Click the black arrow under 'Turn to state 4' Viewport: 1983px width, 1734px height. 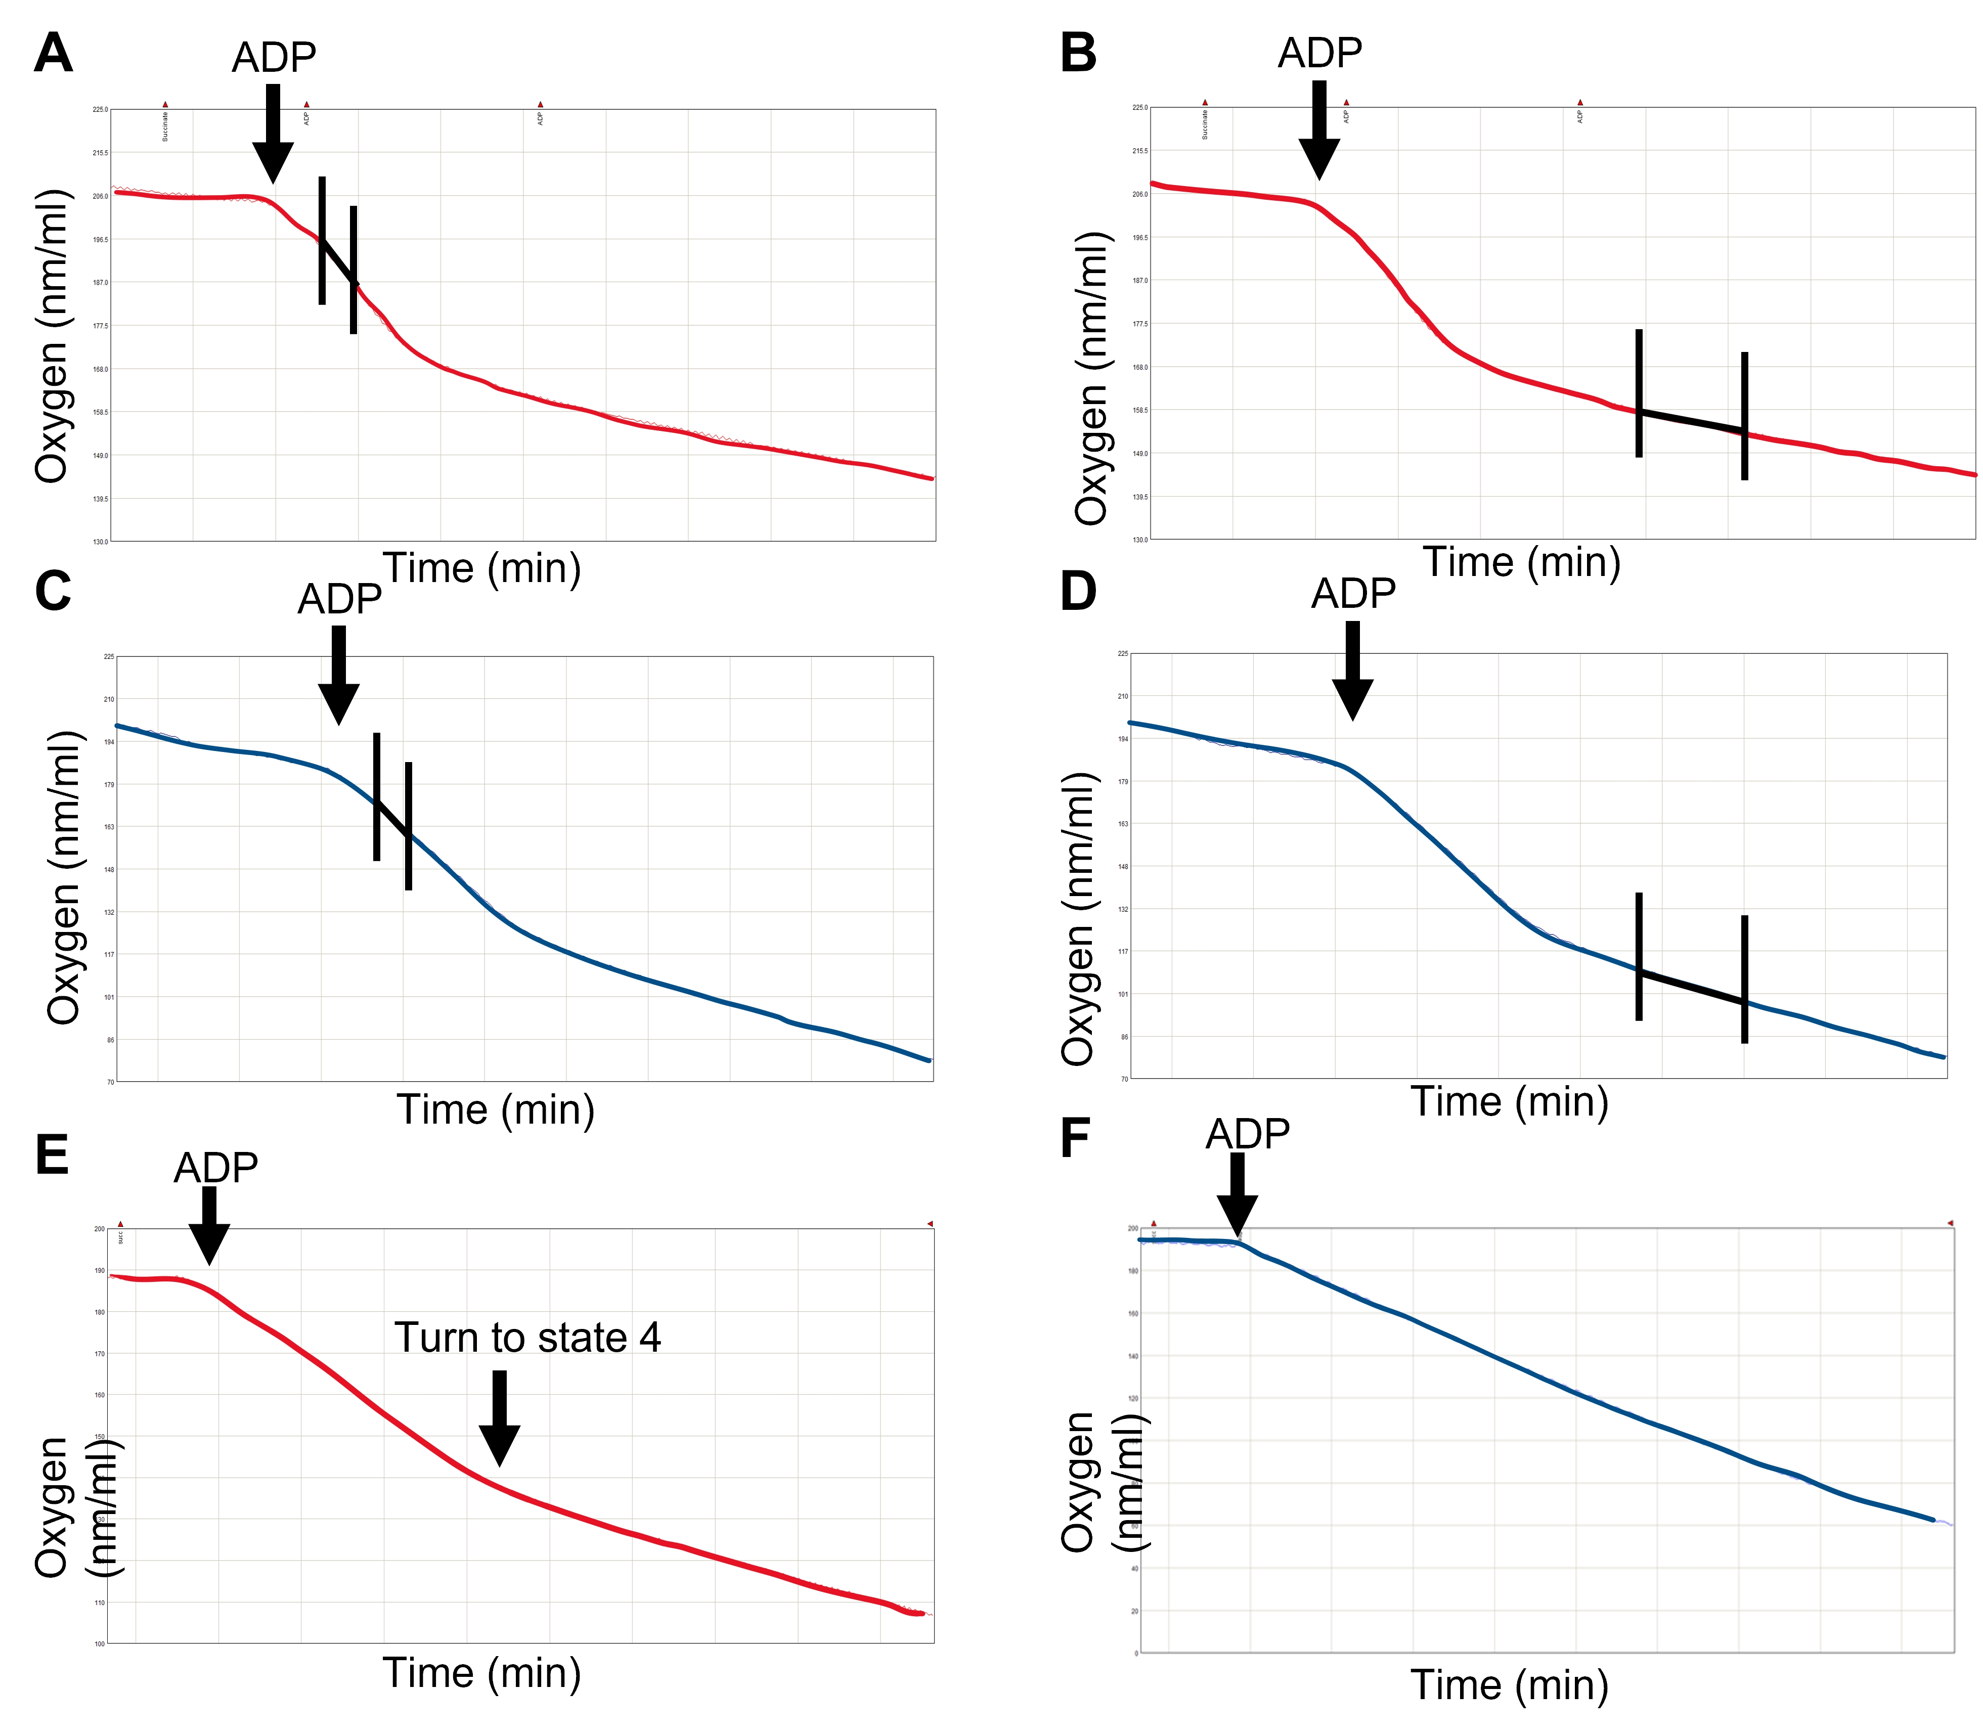499,1417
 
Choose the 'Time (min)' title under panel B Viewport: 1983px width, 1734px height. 1521,562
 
